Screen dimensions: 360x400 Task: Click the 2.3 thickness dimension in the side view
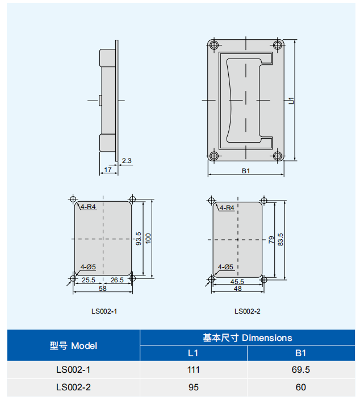coord(127,161)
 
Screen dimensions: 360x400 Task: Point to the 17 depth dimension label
coord(108,170)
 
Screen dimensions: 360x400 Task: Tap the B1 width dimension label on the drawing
coord(246,171)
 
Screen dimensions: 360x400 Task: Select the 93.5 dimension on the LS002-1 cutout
coord(139,239)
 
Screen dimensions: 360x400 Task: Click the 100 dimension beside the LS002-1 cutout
coord(148,239)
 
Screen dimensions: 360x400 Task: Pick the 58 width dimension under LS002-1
coord(103,288)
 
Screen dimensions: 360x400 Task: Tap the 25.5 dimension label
coord(89,280)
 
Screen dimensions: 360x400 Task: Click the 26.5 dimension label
coord(117,280)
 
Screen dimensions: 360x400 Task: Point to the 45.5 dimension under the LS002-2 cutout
coord(237,282)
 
